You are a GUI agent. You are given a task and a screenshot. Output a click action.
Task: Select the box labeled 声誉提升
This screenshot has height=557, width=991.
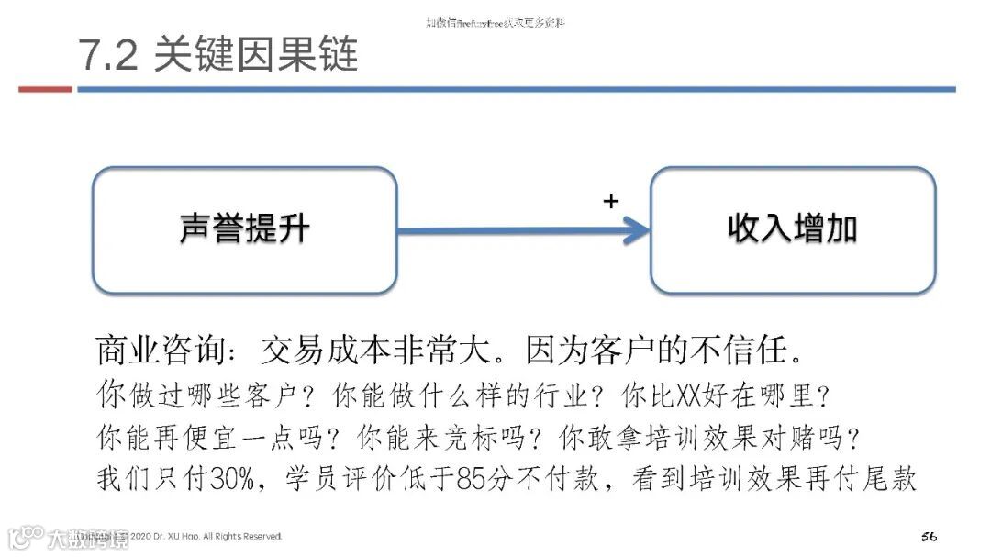244,229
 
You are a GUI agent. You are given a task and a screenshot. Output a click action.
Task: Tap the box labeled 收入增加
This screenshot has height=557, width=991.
793,229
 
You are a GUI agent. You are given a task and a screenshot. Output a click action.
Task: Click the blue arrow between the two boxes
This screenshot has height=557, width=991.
523,230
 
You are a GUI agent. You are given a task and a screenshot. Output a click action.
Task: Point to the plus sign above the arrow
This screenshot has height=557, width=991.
611,202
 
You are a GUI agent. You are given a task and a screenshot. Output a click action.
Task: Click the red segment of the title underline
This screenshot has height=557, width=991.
45,89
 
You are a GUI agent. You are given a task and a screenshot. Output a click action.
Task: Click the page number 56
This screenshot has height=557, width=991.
928,536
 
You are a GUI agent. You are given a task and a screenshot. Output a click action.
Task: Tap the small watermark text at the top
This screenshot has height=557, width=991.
495,22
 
